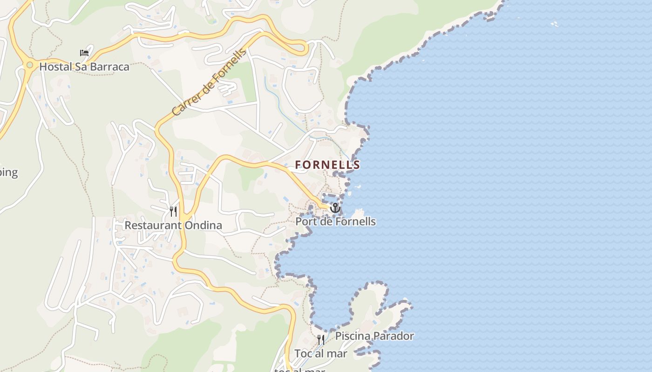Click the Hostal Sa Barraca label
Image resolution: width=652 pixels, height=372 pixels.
[x=84, y=66]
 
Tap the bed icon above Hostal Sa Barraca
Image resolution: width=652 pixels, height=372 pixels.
[x=84, y=53]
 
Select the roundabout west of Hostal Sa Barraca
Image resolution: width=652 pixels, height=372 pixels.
[x=30, y=65]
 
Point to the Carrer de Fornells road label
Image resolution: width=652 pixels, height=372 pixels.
[x=209, y=83]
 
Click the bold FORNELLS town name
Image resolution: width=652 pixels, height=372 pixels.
[x=327, y=165]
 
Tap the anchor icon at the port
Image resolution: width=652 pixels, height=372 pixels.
[x=335, y=207]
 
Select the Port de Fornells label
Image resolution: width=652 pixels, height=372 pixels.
[x=335, y=221]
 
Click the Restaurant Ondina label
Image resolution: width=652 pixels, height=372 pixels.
[x=173, y=226]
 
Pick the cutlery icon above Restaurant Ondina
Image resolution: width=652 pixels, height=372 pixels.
[x=173, y=212]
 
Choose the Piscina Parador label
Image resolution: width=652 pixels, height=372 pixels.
[x=374, y=336]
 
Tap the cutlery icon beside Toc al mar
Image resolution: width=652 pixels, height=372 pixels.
[x=321, y=339]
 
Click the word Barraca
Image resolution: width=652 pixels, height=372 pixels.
[x=110, y=66]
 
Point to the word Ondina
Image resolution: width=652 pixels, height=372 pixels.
[x=204, y=226]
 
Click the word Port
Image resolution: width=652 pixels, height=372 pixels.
[x=305, y=221]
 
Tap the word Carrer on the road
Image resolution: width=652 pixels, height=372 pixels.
[x=183, y=104]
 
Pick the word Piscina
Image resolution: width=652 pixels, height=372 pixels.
[x=352, y=336]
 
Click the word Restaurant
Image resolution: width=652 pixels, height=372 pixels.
[x=152, y=226]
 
